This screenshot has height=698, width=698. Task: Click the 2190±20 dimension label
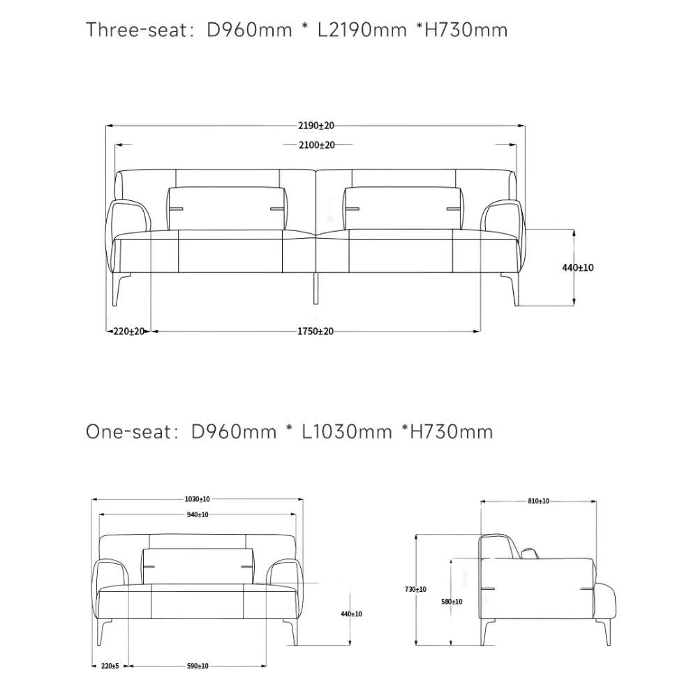click(x=316, y=126)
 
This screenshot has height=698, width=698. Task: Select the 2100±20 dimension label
click(x=316, y=145)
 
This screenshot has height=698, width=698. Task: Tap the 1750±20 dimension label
click(x=315, y=331)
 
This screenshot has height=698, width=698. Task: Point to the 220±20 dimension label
click(x=129, y=331)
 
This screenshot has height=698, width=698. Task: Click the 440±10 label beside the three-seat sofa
click(x=578, y=267)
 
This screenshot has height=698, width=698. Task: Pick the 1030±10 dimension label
click(x=198, y=500)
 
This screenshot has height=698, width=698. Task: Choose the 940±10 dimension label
click(x=198, y=514)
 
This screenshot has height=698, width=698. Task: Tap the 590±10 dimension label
click(x=198, y=666)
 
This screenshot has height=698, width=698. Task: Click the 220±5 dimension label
click(x=110, y=666)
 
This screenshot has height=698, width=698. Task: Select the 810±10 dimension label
click(x=539, y=501)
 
